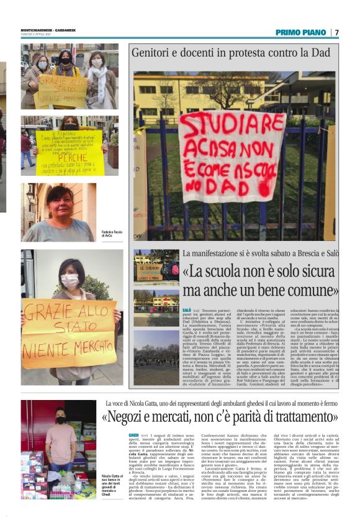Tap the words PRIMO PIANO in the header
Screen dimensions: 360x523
coord(300,32)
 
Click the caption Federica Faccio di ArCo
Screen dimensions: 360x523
coord(112,234)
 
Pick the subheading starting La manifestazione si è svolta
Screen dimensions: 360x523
coord(260,253)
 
